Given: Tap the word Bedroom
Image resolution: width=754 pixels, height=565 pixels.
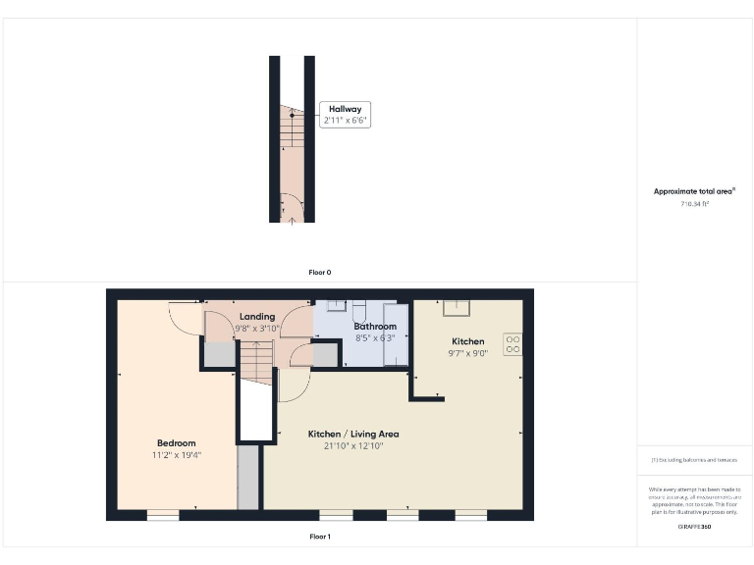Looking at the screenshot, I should tap(177, 442).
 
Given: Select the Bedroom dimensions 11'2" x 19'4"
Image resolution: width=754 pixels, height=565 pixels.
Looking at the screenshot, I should tap(177, 455).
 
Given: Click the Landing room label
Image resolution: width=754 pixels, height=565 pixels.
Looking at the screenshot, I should tap(257, 317).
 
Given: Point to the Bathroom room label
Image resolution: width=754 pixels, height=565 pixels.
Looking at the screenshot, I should tap(375, 326).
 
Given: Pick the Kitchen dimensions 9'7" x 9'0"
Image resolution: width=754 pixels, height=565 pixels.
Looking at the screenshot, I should tap(467, 353).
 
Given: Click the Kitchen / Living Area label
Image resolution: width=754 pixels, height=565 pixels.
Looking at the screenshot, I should tap(353, 434).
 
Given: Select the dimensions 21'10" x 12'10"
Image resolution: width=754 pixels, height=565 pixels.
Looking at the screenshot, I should tap(353, 446).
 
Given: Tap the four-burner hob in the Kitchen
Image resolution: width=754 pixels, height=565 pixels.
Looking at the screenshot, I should tap(512, 344).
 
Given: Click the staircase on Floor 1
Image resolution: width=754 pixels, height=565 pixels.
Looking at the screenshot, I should tap(256, 366).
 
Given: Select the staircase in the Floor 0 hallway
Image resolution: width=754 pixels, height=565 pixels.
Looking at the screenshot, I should tap(293, 128).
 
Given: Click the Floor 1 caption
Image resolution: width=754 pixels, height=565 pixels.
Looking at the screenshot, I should tap(320, 537).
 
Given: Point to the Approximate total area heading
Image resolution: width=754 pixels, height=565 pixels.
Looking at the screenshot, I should tap(695, 191).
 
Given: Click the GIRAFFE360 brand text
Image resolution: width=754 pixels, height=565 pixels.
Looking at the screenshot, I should tap(694, 528).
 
